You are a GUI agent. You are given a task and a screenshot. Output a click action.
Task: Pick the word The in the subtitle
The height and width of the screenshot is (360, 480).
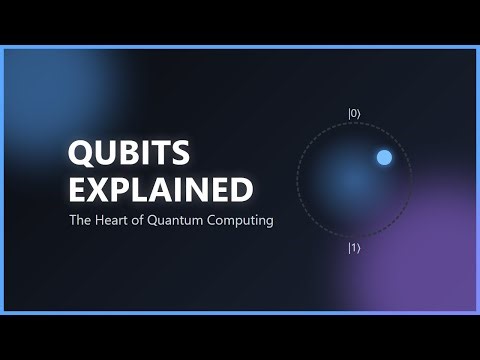point(79,219)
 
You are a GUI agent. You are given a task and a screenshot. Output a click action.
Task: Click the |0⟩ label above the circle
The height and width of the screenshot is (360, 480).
point(354,114)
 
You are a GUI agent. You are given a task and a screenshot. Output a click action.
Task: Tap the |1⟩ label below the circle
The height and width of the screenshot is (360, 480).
point(354,247)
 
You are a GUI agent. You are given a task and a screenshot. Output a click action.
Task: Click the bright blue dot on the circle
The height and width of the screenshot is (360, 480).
point(384,157)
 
